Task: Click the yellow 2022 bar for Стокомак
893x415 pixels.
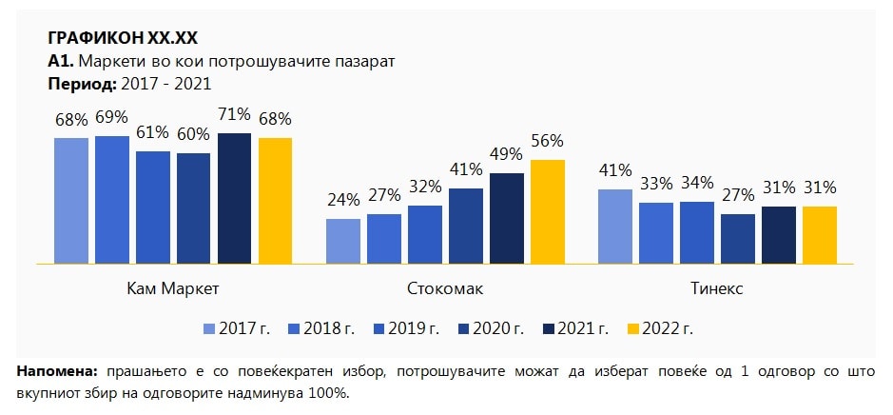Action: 548,211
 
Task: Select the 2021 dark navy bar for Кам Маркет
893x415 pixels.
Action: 234,198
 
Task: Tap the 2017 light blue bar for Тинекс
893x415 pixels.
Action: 615,227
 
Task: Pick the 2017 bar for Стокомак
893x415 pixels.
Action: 343,241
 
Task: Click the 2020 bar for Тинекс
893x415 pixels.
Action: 738,239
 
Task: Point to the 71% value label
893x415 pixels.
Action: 234,114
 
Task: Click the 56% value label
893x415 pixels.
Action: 548,141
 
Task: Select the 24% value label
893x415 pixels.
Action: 343,200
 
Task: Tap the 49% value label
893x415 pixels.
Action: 507,154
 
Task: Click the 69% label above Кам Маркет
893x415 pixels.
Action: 111,117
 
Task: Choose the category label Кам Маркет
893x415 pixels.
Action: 173,288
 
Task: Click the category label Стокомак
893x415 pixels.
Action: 445,288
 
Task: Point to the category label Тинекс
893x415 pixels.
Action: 717,288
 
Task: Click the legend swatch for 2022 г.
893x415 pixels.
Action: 632,329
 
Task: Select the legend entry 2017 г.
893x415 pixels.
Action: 237,329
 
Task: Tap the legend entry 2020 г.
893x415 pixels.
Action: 491,329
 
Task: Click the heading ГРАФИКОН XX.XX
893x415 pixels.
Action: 123,38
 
